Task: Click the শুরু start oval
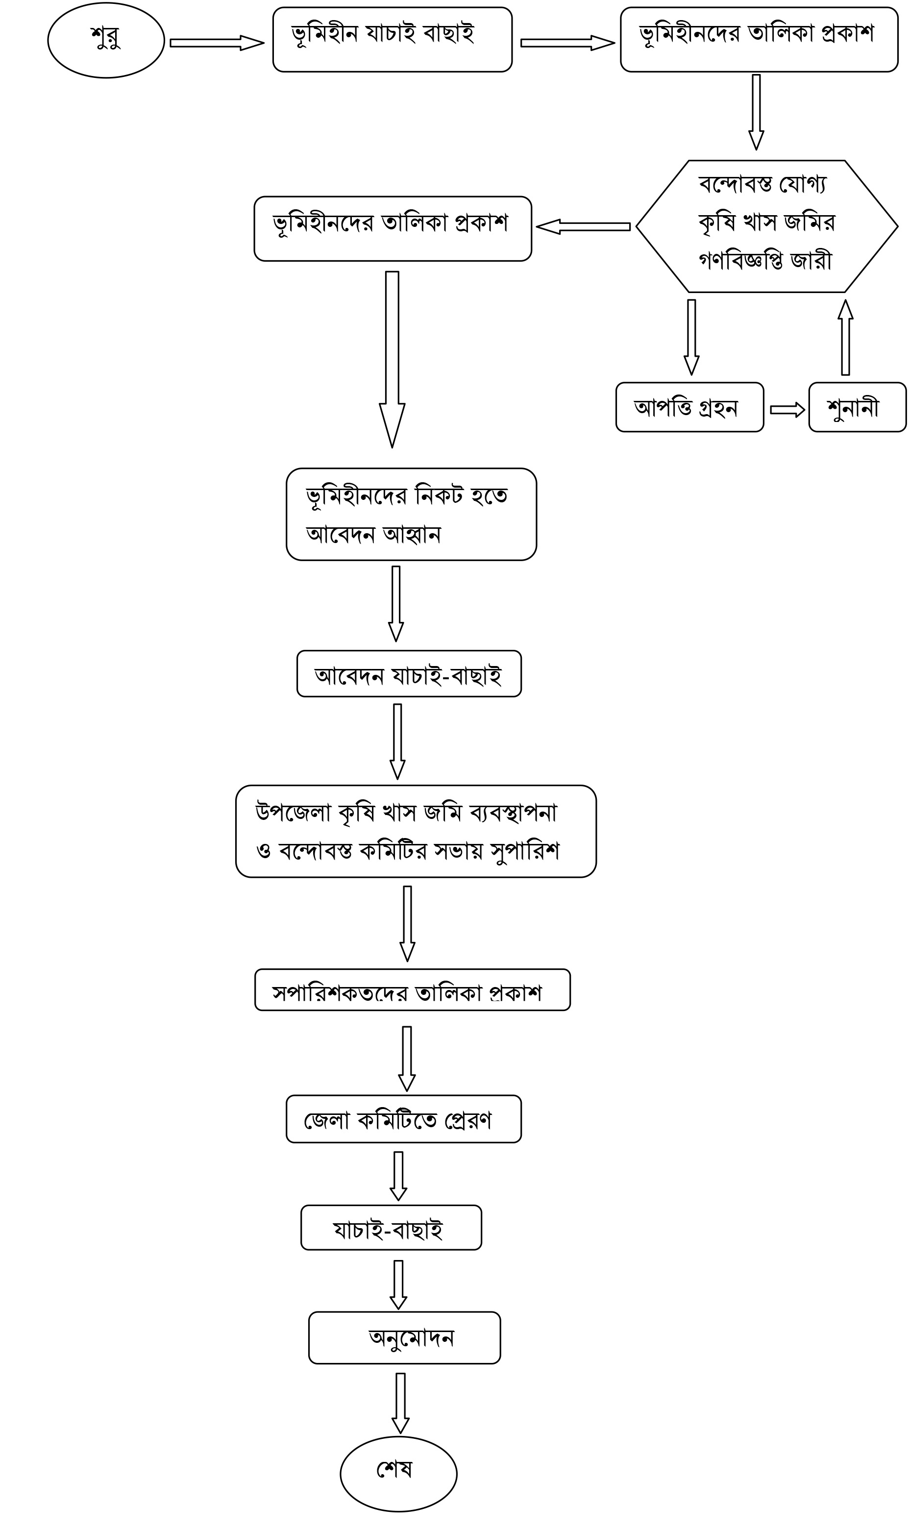pyautogui.click(x=106, y=40)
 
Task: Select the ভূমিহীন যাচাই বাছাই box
pyautogui.click(x=392, y=40)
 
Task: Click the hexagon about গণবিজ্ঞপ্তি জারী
pyautogui.click(x=766, y=226)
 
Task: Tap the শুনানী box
pyautogui.click(x=857, y=407)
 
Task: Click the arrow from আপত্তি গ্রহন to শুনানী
pyautogui.click(x=786, y=409)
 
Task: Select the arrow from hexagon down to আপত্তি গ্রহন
pyautogui.click(x=691, y=337)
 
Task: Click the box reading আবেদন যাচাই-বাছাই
pyautogui.click(x=409, y=674)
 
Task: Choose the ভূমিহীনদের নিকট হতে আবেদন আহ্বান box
pyautogui.click(x=411, y=514)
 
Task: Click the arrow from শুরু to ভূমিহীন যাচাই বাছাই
pyautogui.click(x=216, y=43)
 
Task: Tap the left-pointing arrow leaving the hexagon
pyautogui.click(x=583, y=226)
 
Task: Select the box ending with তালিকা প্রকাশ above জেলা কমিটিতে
pyautogui.click(x=412, y=990)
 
